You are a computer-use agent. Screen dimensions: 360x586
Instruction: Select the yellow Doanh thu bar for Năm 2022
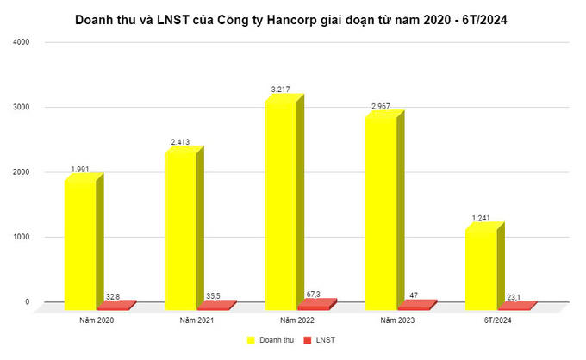tap(280, 203)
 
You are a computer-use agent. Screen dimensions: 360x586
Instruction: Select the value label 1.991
tap(82, 168)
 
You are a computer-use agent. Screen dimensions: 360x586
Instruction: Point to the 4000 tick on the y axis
tap(21, 42)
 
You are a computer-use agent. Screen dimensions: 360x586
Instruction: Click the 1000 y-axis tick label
tap(21, 237)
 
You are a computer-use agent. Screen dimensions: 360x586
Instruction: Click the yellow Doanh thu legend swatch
tap(252, 340)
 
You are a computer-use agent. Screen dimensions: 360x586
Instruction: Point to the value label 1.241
tap(481, 217)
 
